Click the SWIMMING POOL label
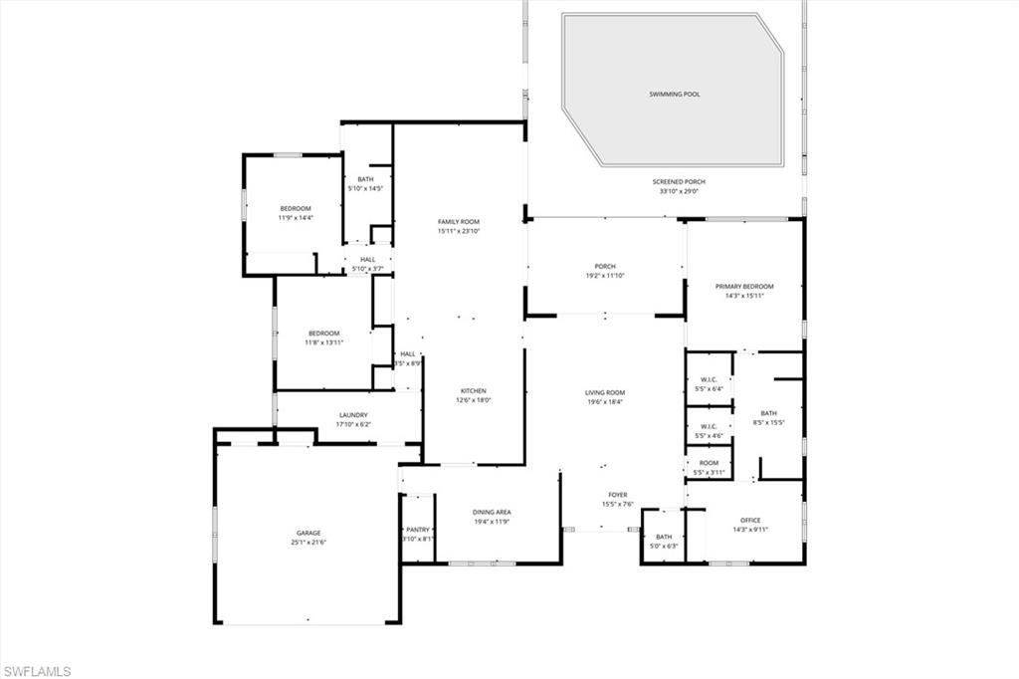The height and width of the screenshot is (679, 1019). coord(675,94)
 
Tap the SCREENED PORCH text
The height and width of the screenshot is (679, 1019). coord(679,182)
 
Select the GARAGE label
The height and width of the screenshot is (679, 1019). coord(307,533)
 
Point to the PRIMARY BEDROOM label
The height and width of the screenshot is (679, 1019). coord(743,286)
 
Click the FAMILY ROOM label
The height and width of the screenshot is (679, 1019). coord(459,221)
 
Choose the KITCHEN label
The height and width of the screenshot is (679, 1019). coord(473,390)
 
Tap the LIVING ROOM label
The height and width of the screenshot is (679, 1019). coord(604,392)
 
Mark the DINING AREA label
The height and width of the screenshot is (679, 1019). coord(492,512)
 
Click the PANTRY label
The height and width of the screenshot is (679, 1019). coord(418,530)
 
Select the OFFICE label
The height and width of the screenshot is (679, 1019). coord(749,520)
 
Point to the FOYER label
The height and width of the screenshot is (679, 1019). coord(618,495)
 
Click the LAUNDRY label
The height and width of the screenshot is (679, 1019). coord(353,415)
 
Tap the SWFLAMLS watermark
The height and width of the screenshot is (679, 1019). coord(37,671)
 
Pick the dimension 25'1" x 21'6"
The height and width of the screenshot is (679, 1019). coord(307,543)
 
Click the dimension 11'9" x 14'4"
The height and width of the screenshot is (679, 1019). coord(296,217)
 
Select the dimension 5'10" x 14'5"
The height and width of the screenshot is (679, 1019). coord(365,188)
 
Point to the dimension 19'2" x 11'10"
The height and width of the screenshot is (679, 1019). coord(604,276)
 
